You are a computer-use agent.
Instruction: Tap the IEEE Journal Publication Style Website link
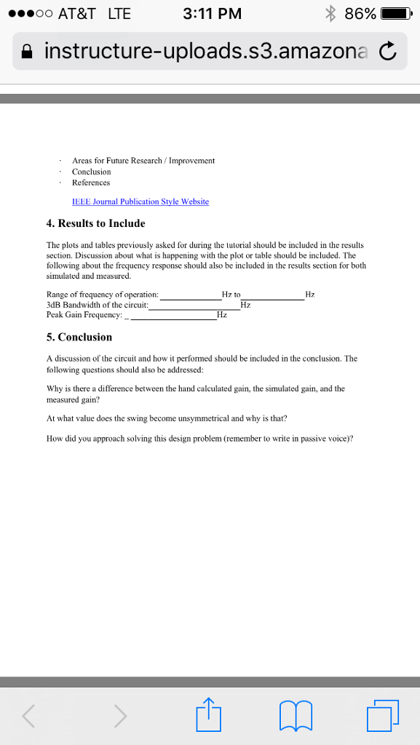pyautogui.click(x=140, y=202)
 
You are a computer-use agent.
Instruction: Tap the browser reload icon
pyautogui.click(x=388, y=52)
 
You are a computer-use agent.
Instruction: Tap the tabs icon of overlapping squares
pyautogui.click(x=383, y=714)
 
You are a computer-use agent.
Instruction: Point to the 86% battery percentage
pyautogui.click(x=360, y=14)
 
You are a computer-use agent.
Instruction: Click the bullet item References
pyautogui.click(x=91, y=183)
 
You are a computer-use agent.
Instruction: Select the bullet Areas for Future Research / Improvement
pyautogui.click(x=143, y=160)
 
